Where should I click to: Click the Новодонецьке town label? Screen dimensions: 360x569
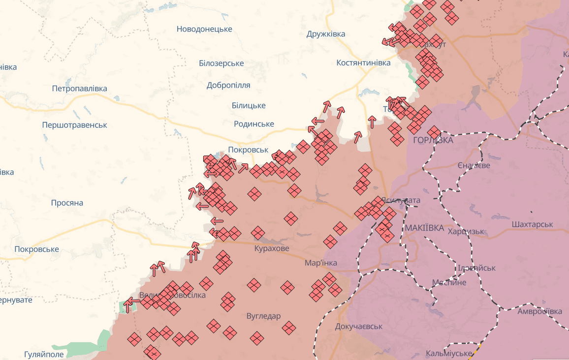(204, 29)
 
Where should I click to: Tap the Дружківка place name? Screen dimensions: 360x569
(325, 34)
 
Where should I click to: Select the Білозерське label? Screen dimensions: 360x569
(221, 64)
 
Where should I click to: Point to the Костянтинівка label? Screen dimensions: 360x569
(363, 63)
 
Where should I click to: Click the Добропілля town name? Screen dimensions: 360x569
(228, 85)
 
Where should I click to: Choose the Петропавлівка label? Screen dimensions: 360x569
(79, 89)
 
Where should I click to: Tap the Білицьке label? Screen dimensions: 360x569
(249, 105)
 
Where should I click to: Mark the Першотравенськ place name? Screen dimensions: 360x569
(74, 125)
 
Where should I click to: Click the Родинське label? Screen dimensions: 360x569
(254, 124)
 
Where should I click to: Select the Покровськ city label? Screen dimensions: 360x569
(248, 150)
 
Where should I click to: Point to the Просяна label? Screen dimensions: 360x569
(67, 203)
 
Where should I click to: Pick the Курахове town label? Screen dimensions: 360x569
(272, 249)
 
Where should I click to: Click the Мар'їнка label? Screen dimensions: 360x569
(321, 263)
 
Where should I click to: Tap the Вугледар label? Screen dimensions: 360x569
(263, 316)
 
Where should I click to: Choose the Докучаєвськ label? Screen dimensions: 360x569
(358, 327)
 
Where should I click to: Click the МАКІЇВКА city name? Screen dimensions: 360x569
(424, 228)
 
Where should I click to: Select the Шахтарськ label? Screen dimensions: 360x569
(532, 224)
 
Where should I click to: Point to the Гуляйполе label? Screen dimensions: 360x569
(44, 355)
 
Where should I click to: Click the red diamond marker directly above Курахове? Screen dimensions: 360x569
(258, 233)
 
